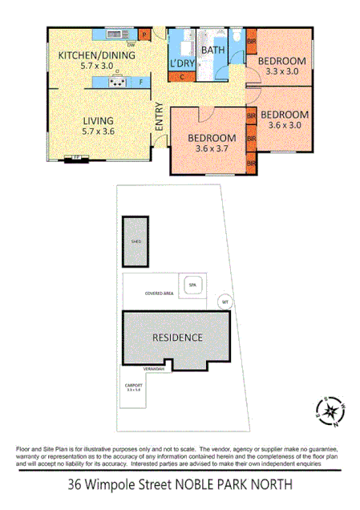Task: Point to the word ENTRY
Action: (x=159, y=117)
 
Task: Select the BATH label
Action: (x=213, y=51)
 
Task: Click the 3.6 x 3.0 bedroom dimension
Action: (x=285, y=125)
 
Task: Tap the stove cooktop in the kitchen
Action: (x=118, y=81)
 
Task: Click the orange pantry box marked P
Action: (x=144, y=35)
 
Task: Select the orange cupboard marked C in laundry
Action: (x=182, y=77)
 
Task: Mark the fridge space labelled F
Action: (x=141, y=82)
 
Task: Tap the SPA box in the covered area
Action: (x=192, y=285)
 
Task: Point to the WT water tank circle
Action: (x=226, y=302)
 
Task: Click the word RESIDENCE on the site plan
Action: (x=177, y=338)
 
